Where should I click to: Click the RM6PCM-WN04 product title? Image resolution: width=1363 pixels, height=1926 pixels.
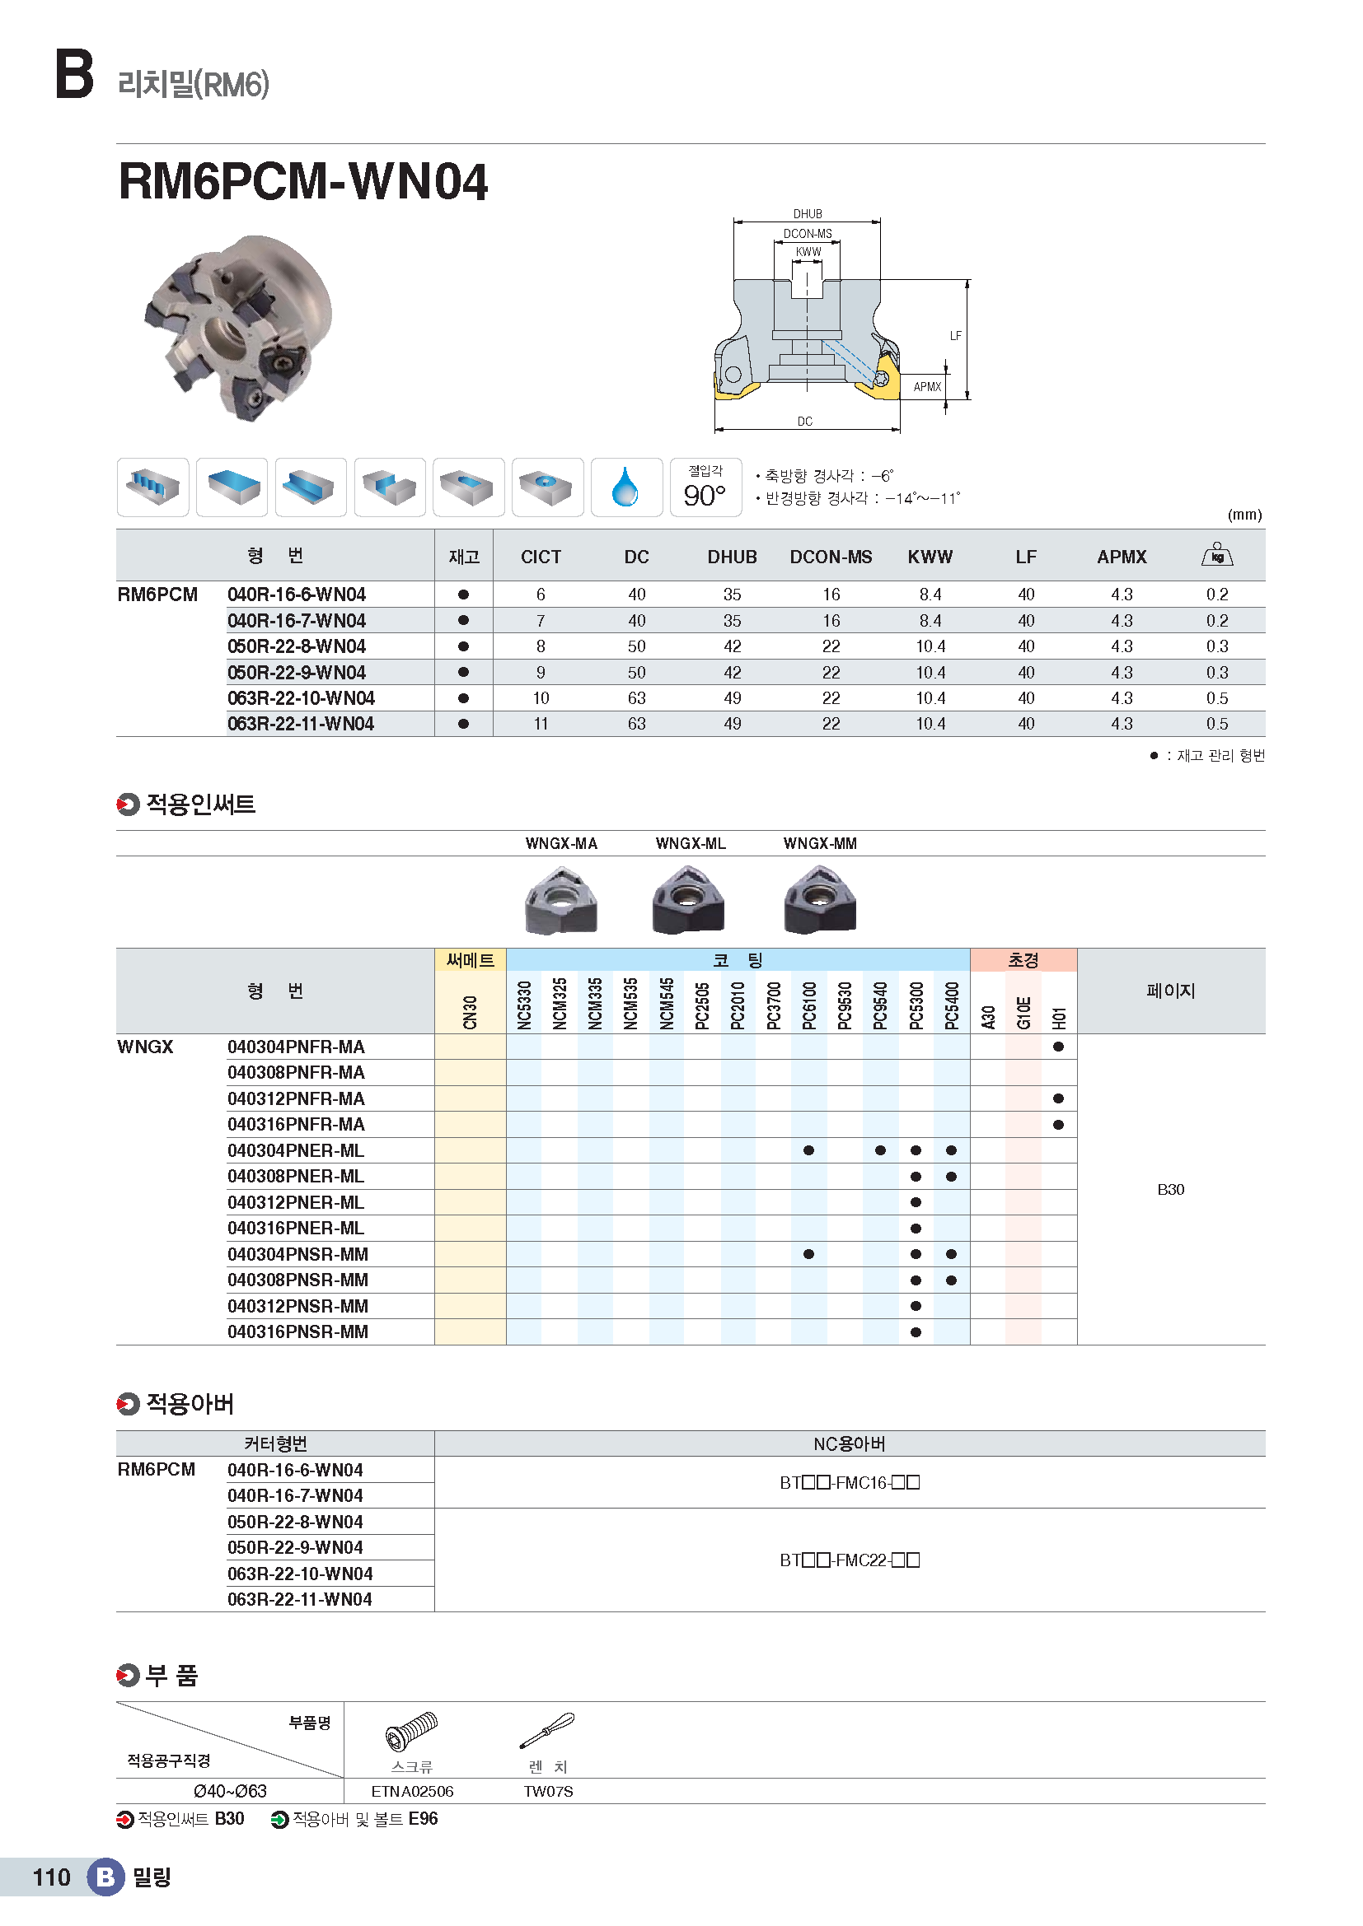coord(302,181)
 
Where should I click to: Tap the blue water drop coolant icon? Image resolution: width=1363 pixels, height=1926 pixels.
coord(625,487)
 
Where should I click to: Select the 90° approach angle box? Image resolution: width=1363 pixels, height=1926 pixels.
coord(705,487)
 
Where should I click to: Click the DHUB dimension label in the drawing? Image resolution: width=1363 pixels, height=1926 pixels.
coord(808,214)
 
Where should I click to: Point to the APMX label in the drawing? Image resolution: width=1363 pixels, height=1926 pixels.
coord(926,387)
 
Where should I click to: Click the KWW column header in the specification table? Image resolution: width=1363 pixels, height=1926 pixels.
coord(930,557)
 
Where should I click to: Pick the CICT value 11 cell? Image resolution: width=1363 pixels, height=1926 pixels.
coord(541,724)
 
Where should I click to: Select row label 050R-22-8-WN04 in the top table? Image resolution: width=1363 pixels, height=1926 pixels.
coord(297,646)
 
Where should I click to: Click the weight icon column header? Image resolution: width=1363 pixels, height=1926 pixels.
coord(1216,555)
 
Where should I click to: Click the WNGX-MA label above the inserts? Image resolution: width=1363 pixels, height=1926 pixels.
coord(560,844)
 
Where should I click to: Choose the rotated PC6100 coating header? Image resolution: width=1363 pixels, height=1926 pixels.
coord(809,1005)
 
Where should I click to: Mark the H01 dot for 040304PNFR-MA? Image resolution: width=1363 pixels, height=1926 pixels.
coord(1058,1047)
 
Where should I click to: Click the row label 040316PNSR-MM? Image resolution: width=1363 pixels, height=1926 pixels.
coord(297,1332)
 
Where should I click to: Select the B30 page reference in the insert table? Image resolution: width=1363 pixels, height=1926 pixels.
coord(1170,1190)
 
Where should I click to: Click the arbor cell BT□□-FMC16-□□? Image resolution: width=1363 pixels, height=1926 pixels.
coord(850,1483)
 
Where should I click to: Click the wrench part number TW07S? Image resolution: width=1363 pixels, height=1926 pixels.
coord(548,1792)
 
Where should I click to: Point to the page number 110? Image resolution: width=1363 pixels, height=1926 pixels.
coord(51,1877)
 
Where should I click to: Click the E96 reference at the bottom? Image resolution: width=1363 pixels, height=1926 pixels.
coord(423,1819)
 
